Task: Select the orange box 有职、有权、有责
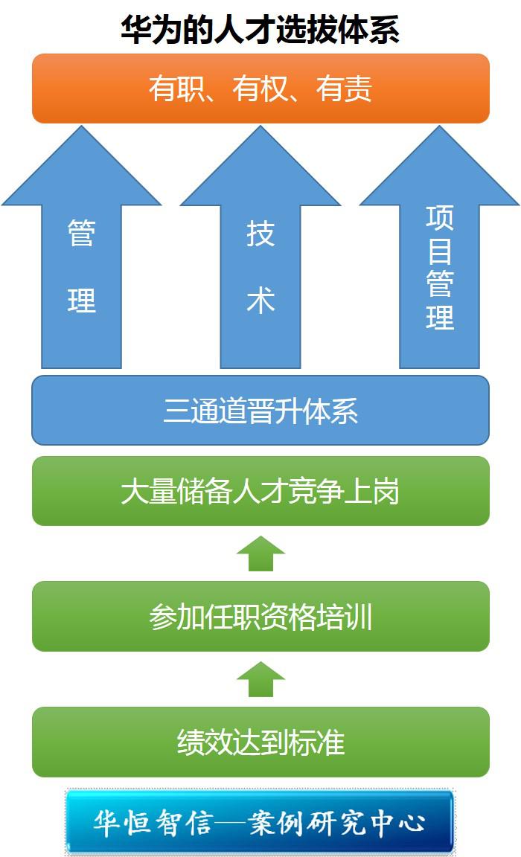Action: pos(260,89)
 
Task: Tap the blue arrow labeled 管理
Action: pos(81,268)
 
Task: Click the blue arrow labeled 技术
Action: pos(260,268)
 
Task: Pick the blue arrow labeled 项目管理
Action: pos(439,268)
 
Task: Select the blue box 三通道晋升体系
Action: pos(260,411)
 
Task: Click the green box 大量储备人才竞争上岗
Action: pos(260,492)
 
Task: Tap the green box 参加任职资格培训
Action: pos(260,617)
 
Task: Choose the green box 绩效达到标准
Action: pos(260,742)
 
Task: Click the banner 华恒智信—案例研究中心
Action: pos(260,822)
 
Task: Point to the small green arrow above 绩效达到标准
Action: pos(260,679)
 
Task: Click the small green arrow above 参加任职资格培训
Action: pos(260,553)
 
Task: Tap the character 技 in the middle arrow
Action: pos(260,234)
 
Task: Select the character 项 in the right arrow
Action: pos(440,217)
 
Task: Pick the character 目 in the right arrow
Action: pos(440,251)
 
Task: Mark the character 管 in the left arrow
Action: pos(82,234)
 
